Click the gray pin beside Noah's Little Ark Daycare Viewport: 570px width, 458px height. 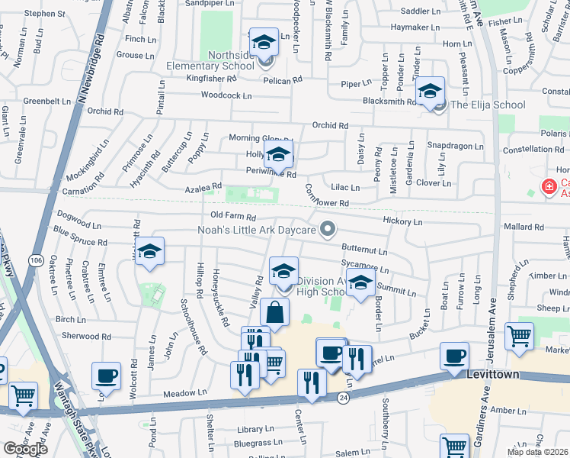(x=328, y=228)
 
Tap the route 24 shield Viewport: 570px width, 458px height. (x=344, y=398)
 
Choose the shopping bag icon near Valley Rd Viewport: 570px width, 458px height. (x=274, y=312)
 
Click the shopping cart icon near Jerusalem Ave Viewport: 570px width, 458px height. (x=519, y=335)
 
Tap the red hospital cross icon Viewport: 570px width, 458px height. (x=548, y=186)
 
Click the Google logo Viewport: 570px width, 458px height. (x=25, y=449)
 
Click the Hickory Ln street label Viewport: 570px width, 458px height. (x=403, y=221)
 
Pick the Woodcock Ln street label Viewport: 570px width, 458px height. (x=226, y=95)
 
